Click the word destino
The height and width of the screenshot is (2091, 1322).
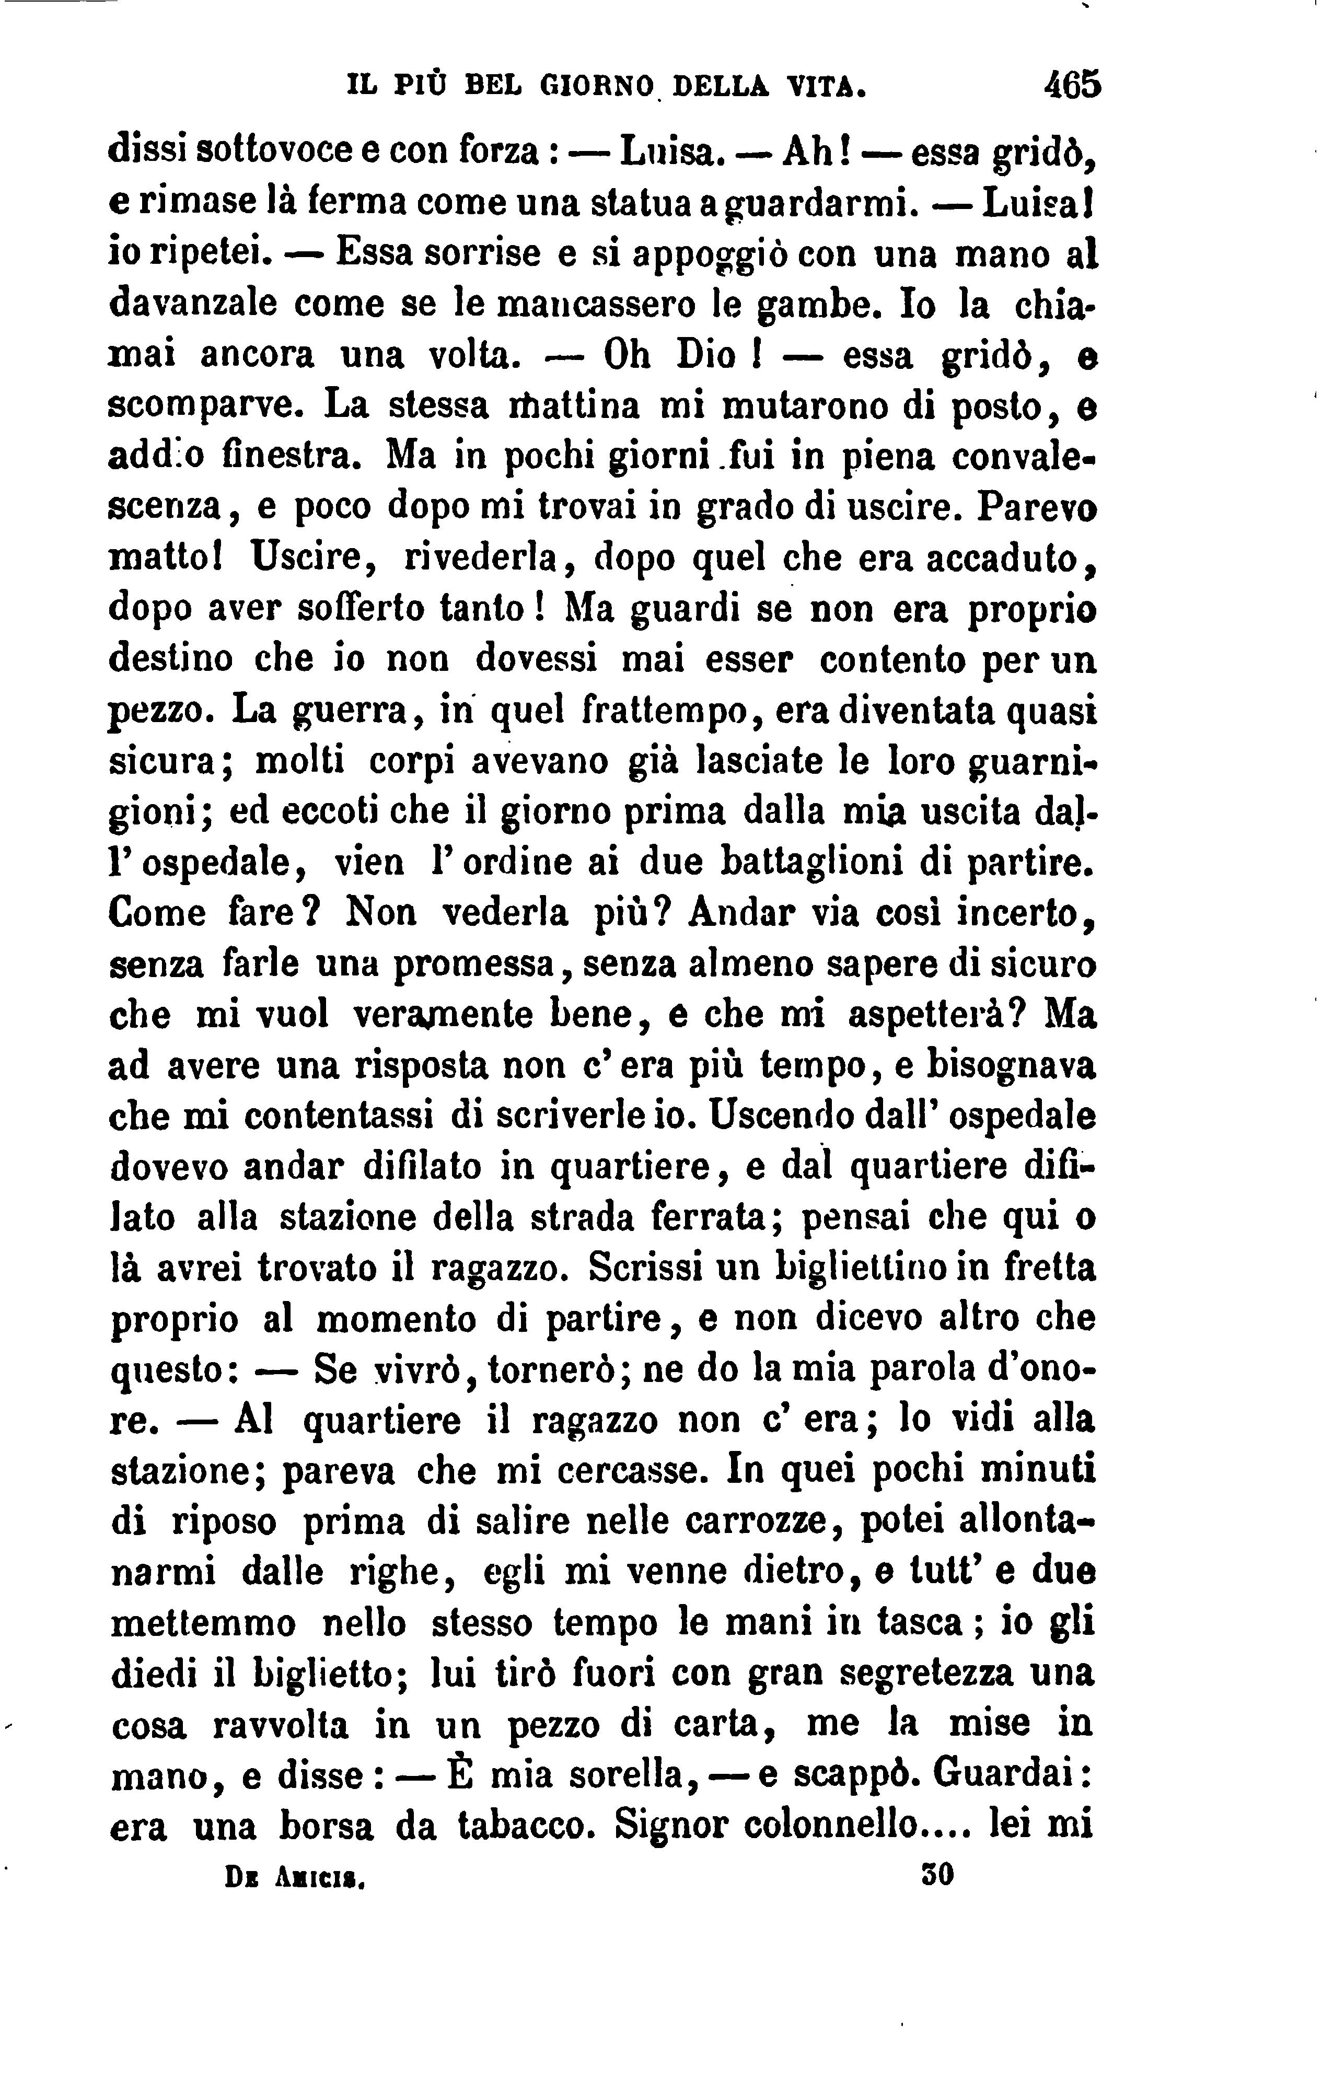point(170,659)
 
